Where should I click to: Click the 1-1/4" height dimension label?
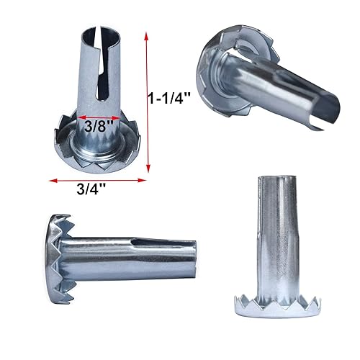(169, 98)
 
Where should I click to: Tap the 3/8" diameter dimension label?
(99, 126)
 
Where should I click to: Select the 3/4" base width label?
(91, 189)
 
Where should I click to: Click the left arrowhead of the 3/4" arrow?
(53, 181)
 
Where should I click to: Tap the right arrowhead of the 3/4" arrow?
(142, 180)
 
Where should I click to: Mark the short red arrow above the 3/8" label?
(99, 117)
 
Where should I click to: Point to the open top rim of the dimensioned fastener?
(101, 31)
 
